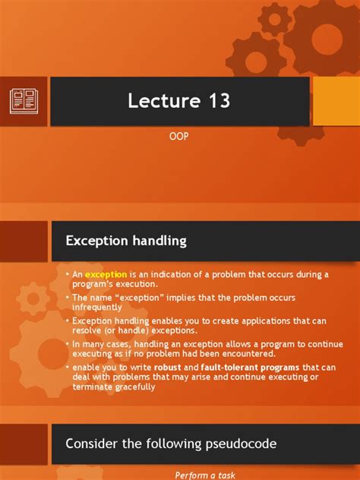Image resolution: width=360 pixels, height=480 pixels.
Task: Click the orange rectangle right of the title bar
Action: (x=335, y=100)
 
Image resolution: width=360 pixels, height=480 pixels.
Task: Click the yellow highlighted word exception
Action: (x=106, y=274)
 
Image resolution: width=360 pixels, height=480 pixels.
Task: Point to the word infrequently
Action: (x=96, y=308)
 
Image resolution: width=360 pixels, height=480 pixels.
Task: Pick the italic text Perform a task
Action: (x=206, y=475)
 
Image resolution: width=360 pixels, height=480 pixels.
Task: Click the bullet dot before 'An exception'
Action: (x=67, y=274)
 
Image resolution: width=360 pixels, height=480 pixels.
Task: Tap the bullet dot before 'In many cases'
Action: (x=67, y=343)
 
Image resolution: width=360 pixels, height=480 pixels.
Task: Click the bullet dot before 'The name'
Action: (x=67, y=297)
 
